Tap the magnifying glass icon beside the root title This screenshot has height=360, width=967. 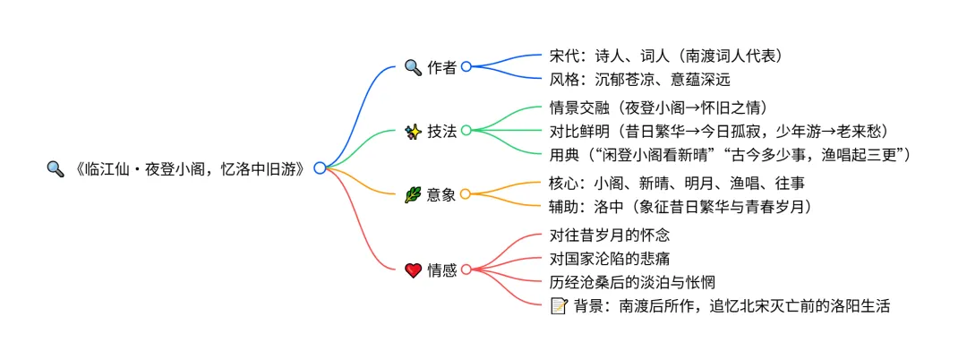55,168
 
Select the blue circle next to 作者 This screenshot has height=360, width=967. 466,66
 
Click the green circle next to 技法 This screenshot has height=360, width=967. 466,130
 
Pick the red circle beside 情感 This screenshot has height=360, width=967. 466,270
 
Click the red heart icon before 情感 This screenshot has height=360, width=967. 413,270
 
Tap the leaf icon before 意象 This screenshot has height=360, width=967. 413,194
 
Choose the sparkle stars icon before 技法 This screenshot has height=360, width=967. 413,131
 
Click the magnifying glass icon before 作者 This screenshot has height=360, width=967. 413,66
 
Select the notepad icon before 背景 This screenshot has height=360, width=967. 558,305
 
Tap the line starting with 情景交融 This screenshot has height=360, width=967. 657,107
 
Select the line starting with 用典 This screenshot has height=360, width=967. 731,154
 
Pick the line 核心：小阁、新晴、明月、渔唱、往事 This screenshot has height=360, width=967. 677,183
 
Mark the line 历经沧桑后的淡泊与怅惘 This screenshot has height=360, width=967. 632,282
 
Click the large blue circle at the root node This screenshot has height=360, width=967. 320,167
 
